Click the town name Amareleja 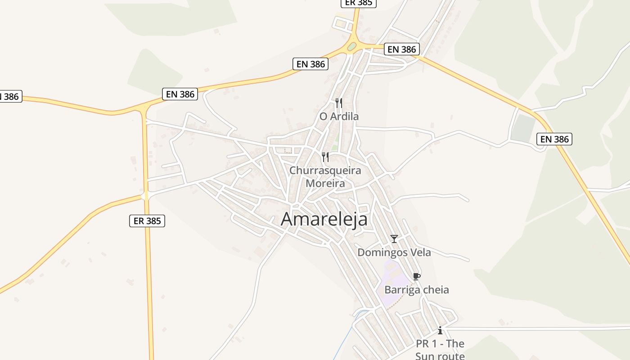tap(324, 219)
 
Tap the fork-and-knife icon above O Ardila tap(338, 103)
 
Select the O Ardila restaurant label tap(339, 117)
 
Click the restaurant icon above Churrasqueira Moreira tap(325, 157)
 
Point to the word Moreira tap(325, 184)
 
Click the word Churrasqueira tap(325, 171)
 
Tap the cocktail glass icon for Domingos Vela tap(394, 239)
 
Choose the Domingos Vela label tap(394, 252)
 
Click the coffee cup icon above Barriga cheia tap(416, 276)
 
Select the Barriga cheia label tap(416, 290)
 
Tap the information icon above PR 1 tap(440, 331)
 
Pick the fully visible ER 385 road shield tap(147, 221)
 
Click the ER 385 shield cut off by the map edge tap(358, 3)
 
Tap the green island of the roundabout tap(351, 46)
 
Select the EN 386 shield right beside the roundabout tap(402, 49)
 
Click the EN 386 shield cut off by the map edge tap(10, 96)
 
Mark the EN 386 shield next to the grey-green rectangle tap(554, 139)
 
